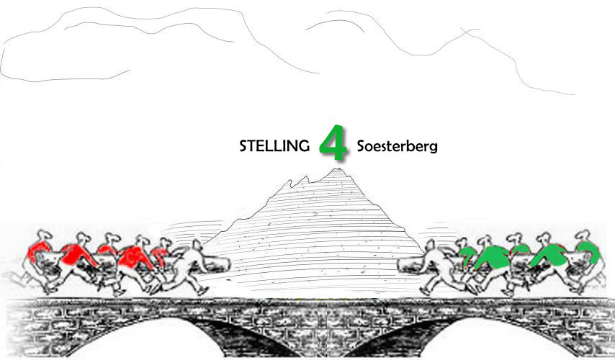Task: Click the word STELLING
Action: click(x=274, y=146)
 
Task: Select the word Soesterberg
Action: click(x=397, y=146)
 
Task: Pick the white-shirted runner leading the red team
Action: click(x=189, y=266)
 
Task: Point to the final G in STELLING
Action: click(x=304, y=146)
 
